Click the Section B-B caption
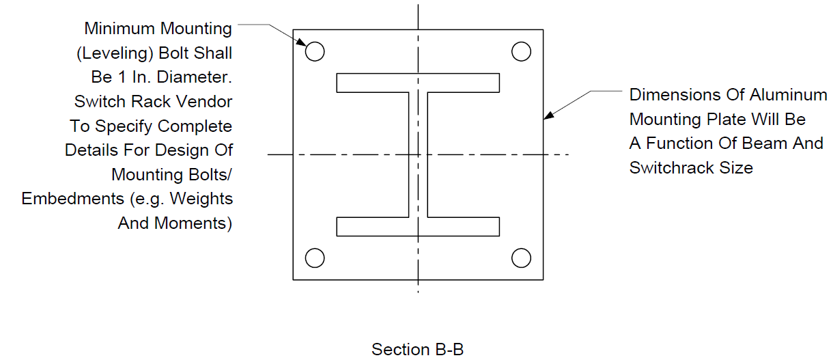point(417,349)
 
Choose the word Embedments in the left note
point(72,199)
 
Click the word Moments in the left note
point(190,223)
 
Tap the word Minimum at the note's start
point(119,29)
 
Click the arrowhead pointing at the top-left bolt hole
point(301,42)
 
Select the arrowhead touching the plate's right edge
point(549,115)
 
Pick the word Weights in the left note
point(201,199)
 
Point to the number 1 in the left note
point(122,77)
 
